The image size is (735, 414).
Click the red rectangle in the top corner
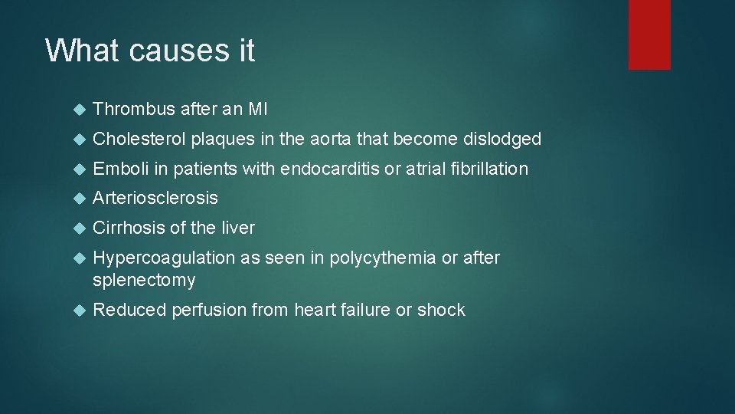[x=649, y=34]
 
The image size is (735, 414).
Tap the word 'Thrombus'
[x=134, y=110]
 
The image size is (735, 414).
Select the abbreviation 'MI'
[x=257, y=110]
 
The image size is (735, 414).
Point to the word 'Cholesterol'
[x=139, y=139]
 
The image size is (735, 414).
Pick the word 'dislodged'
[x=502, y=139]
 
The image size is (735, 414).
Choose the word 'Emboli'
[x=117, y=169]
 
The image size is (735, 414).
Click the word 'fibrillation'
[x=488, y=169]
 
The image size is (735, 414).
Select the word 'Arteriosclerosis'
[x=155, y=198]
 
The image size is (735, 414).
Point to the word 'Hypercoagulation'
[x=164, y=258]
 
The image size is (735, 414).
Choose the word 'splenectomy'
[x=144, y=281]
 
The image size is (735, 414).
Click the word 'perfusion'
[x=204, y=310]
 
